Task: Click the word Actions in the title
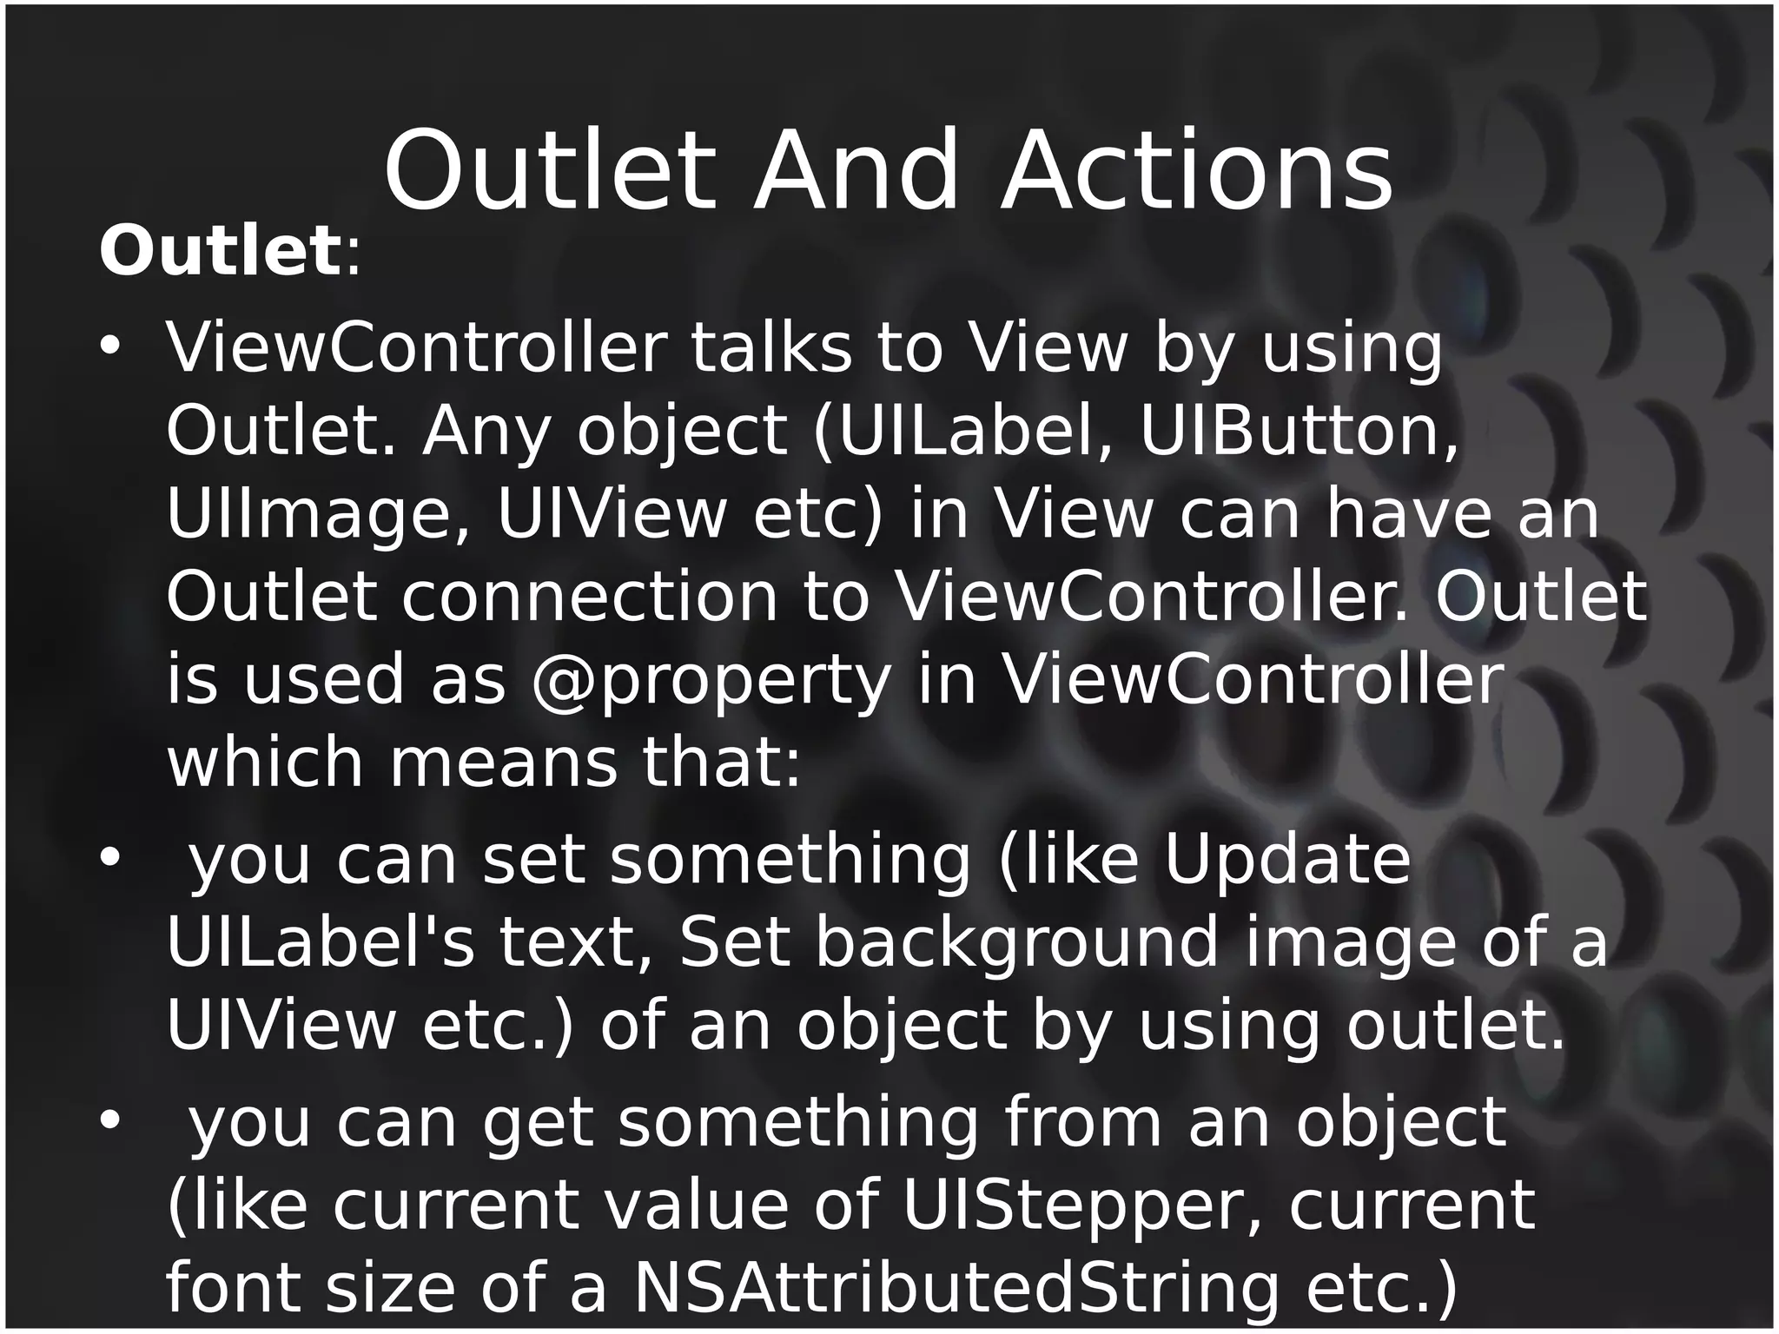click(x=1196, y=171)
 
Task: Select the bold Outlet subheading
click(x=220, y=252)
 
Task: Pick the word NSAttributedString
click(x=956, y=1289)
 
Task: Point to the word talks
click(x=770, y=349)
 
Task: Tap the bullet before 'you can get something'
click(x=110, y=1121)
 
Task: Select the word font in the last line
click(x=222, y=1289)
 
